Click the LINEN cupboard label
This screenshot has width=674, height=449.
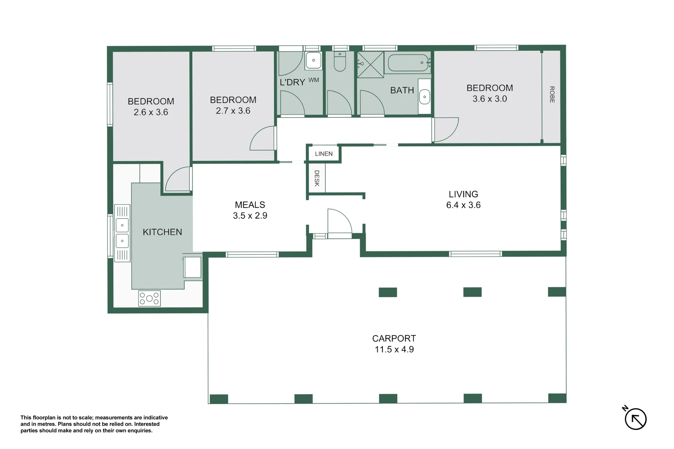pyautogui.click(x=324, y=154)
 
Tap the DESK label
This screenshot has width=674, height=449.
pyautogui.click(x=317, y=178)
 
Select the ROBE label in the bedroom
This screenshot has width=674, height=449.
pyautogui.click(x=552, y=94)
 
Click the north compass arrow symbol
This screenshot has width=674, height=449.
pyautogui.click(x=635, y=419)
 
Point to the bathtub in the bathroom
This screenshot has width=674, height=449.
pyautogui.click(x=409, y=63)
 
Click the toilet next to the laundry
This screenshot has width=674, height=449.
pyautogui.click(x=340, y=62)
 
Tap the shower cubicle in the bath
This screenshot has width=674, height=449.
pyautogui.click(x=370, y=64)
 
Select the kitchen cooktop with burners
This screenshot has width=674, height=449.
pyautogui.click(x=149, y=299)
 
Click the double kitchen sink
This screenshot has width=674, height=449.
pyautogui.click(x=122, y=233)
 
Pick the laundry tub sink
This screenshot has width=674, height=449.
pyautogui.click(x=313, y=61)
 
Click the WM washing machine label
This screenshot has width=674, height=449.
pyautogui.click(x=314, y=80)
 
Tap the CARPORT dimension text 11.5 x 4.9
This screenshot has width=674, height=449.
pyautogui.click(x=394, y=350)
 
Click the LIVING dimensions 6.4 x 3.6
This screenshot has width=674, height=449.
pyautogui.click(x=463, y=205)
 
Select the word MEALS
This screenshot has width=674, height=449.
pyautogui.click(x=250, y=205)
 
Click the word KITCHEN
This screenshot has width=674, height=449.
pyautogui.click(x=162, y=232)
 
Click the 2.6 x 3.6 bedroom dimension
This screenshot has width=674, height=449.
pyautogui.click(x=151, y=112)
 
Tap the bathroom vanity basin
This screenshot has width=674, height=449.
pyautogui.click(x=424, y=97)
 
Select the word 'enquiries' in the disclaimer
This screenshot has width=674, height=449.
pyautogui.click(x=139, y=431)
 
